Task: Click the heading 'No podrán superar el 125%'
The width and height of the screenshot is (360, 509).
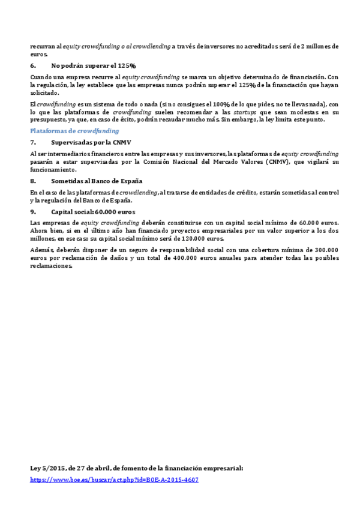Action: click(94, 65)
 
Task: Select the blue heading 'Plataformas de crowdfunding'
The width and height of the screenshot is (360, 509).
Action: click(74, 130)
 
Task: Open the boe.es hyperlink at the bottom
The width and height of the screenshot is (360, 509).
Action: click(114, 480)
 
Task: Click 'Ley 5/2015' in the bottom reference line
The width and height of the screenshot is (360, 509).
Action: click(47, 468)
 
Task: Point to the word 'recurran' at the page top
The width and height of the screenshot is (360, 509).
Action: click(42, 46)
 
